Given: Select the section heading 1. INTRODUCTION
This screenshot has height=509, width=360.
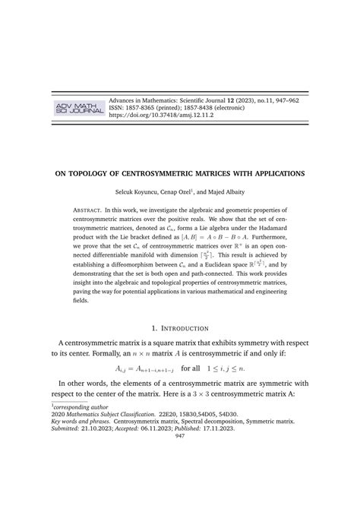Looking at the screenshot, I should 180,327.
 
